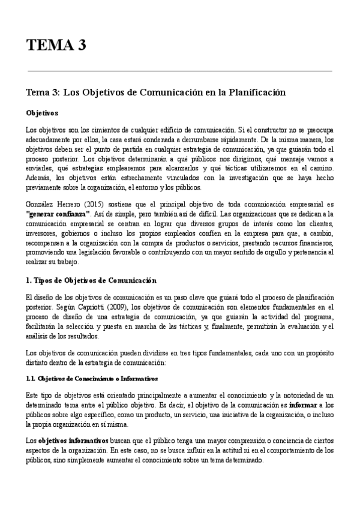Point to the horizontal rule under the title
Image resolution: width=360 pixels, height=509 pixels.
[x=180, y=71]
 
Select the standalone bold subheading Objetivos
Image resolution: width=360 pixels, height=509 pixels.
[x=41, y=112]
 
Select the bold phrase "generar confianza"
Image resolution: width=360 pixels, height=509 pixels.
[x=58, y=214]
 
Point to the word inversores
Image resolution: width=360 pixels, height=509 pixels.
[x=43, y=233]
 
